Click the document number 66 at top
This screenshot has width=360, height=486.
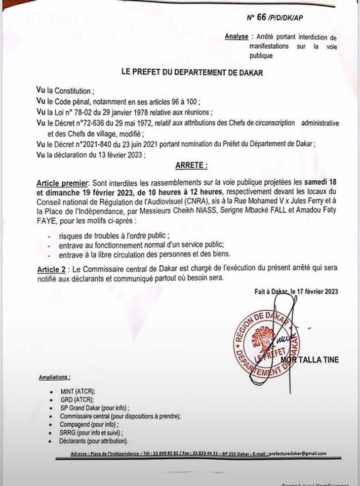261,17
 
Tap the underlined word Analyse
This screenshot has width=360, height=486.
236,36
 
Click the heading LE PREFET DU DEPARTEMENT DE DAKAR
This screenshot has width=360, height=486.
192,73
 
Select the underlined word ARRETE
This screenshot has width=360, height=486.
191,165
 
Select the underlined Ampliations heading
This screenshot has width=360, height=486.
54,378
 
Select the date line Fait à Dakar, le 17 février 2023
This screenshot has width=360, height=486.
296,291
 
